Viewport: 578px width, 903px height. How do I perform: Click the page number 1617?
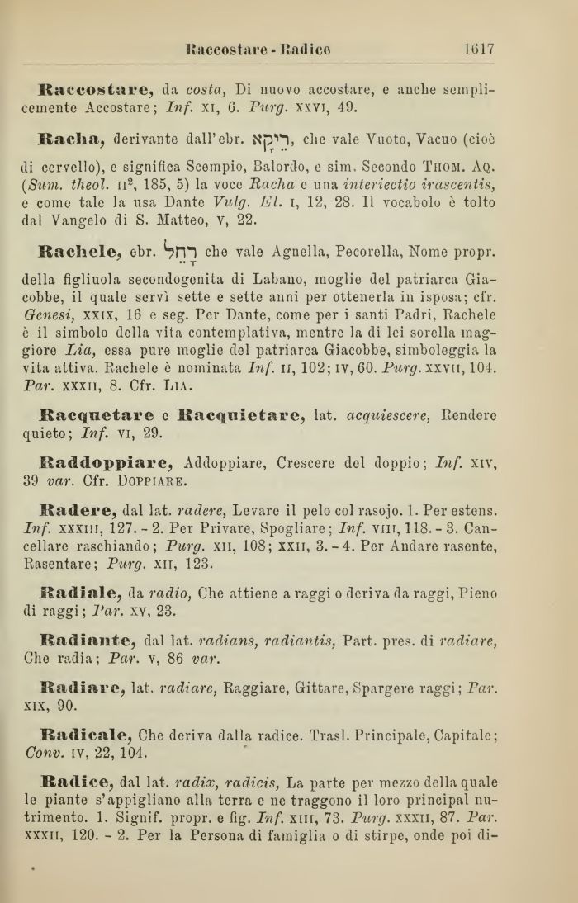[478, 48]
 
